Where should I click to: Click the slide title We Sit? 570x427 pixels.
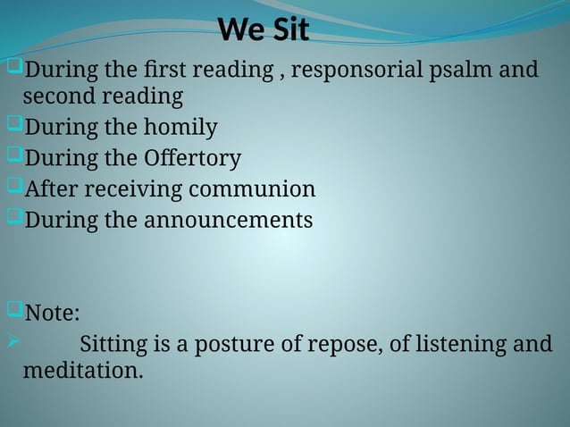coord(264,30)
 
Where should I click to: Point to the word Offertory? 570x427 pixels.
coord(192,159)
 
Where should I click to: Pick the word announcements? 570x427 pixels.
coord(228,220)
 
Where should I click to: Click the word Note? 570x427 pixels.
coord(52,314)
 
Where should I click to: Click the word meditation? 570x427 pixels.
coord(82,370)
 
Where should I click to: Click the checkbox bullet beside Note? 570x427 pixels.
coord(13,311)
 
